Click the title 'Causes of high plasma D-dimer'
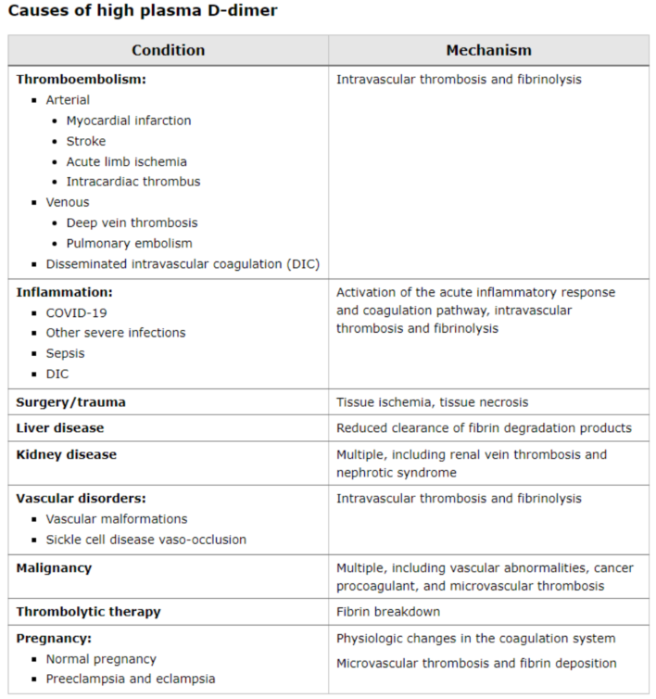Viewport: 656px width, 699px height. click(143, 12)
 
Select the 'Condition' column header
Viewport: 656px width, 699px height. click(168, 50)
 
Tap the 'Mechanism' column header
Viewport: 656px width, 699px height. click(488, 50)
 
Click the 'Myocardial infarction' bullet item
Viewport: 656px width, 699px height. click(129, 121)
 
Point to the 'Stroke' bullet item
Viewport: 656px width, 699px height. click(86, 141)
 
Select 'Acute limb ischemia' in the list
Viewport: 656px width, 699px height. click(126, 161)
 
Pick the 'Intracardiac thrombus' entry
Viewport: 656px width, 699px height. click(132, 182)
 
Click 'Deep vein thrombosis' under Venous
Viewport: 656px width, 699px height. click(132, 222)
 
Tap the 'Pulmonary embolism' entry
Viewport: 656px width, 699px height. click(129, 243)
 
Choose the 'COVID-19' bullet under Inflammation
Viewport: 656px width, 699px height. click(77, 312)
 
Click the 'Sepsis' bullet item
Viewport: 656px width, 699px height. click(65, 353)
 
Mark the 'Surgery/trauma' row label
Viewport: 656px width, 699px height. click(71, 402)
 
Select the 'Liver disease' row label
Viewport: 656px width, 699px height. click(60, 428)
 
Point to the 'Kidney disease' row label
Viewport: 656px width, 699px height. click(66, 454)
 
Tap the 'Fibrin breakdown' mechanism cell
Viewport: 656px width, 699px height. click(387, 612)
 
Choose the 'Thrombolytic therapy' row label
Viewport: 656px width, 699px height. click(88, 612)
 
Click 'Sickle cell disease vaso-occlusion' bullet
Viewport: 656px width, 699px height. click(145, 540)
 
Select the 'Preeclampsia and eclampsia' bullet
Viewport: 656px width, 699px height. click(130, 679)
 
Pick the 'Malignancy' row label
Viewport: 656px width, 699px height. click(54, 567)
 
